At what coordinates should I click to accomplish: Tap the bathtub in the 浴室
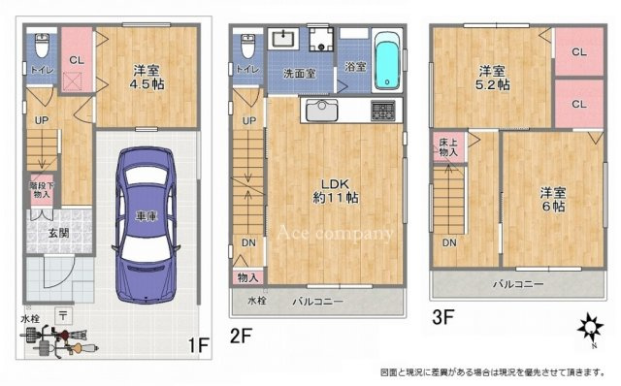pos(386,60)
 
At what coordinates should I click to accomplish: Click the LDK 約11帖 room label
pos(335,189)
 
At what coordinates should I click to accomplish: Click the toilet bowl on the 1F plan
pos(41,47)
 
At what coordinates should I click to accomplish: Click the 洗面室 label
pos(298,72)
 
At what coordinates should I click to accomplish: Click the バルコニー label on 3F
pos(517,284)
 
